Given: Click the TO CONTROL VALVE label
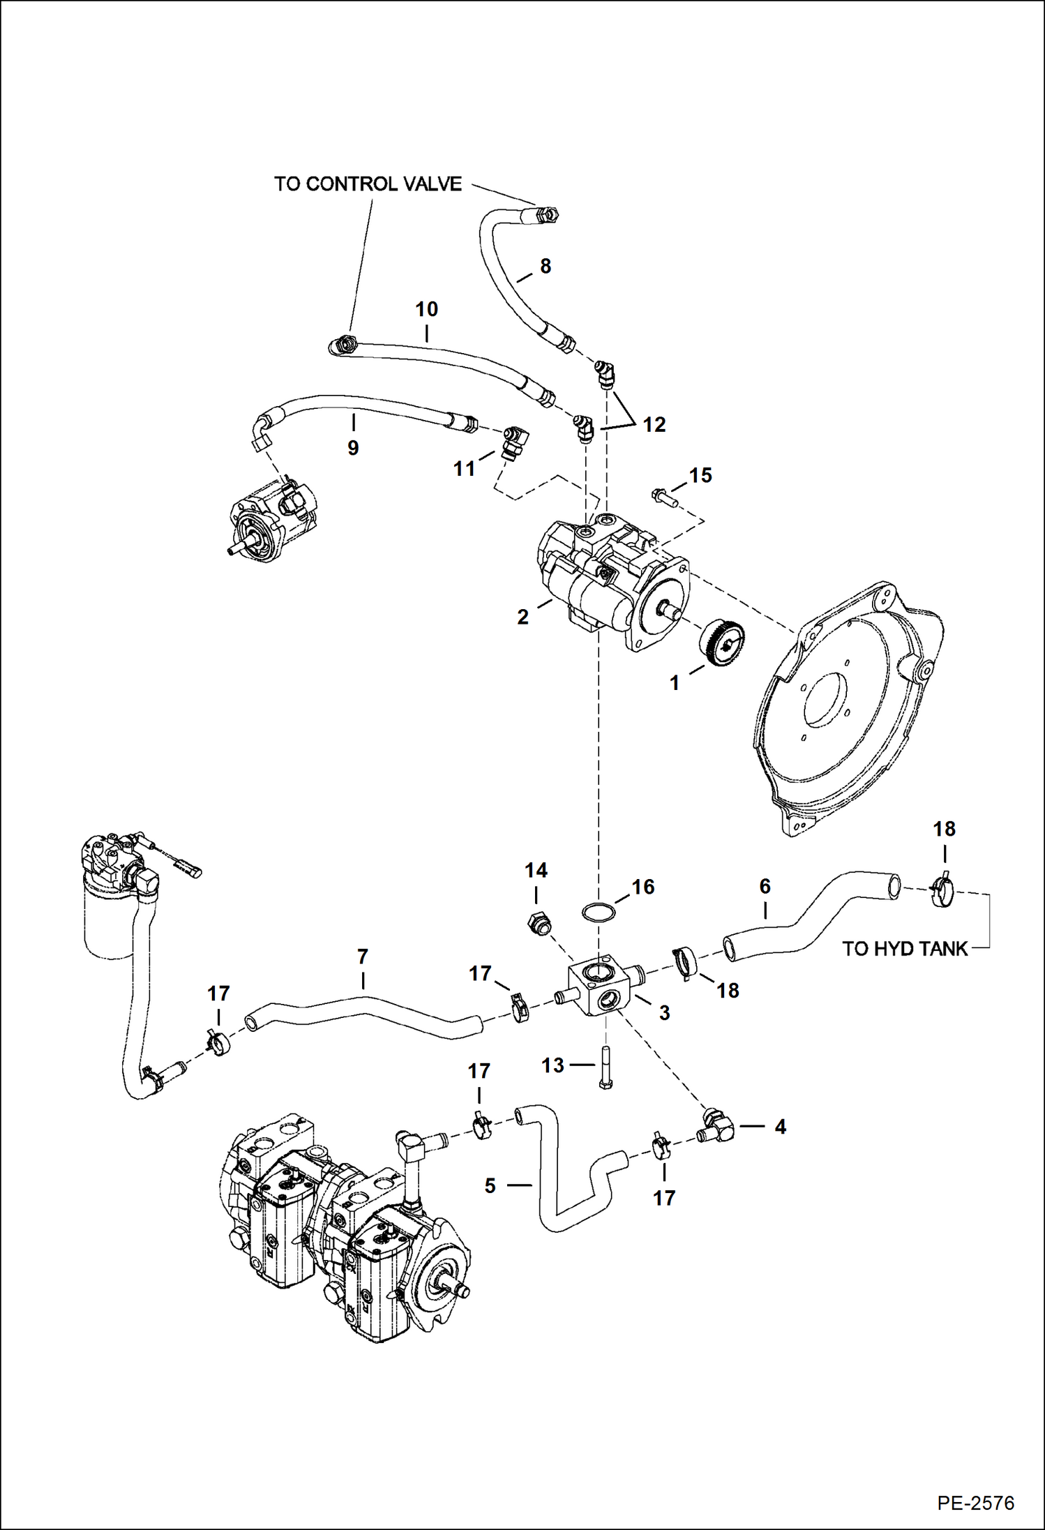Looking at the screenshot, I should pyautogui.click(x=368, y=184).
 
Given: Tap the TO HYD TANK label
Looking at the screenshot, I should pyautogui.click(x=905, y=949).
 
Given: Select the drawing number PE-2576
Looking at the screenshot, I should pyautogui.click(x=975, y=1503).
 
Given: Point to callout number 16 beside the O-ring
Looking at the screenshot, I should pyautogui.click(x=643, y=887).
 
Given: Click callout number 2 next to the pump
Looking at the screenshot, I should pyautogui.click(x=522, y=617).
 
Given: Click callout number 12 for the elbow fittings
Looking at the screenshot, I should pyautogui.click(x=654, y=424).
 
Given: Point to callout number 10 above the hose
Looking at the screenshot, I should pyautogui.click(x=426, y=309).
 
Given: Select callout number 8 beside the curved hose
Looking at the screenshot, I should pyautogui.click(x=546, y=266).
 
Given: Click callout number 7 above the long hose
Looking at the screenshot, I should pyautogui.click(x=362, y=957).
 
